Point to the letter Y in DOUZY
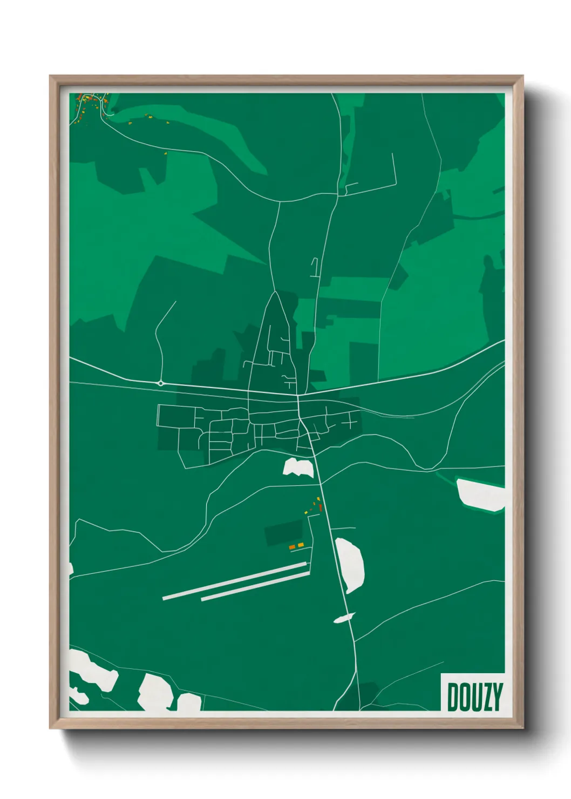pos(497,696)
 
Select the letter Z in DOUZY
pos(487,696)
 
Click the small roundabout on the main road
pos(161,383)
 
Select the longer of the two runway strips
pos(235,580)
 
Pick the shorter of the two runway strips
pos(255,586)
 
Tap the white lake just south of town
pos(298,468)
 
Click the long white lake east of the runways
pos(350,565)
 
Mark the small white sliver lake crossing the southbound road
pos(344,618)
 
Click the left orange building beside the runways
pos(292,547)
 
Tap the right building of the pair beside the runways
pos(301,545)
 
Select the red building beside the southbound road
pos(320,507)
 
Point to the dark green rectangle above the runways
pos(284,532)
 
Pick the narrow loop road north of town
pos(315,268)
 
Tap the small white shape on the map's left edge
pos(71,568)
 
